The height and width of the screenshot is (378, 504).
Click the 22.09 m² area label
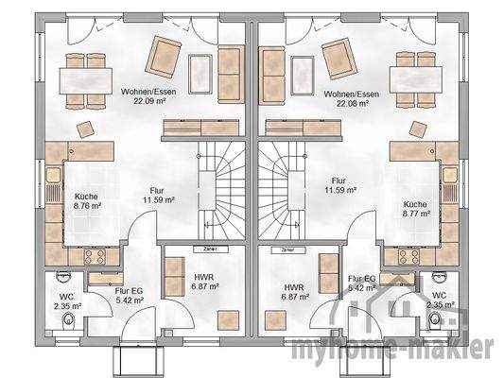tap(144, 102)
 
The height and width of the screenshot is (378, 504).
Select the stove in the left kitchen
tap(95, 254)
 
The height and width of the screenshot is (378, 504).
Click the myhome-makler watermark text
tap(415, 349)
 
